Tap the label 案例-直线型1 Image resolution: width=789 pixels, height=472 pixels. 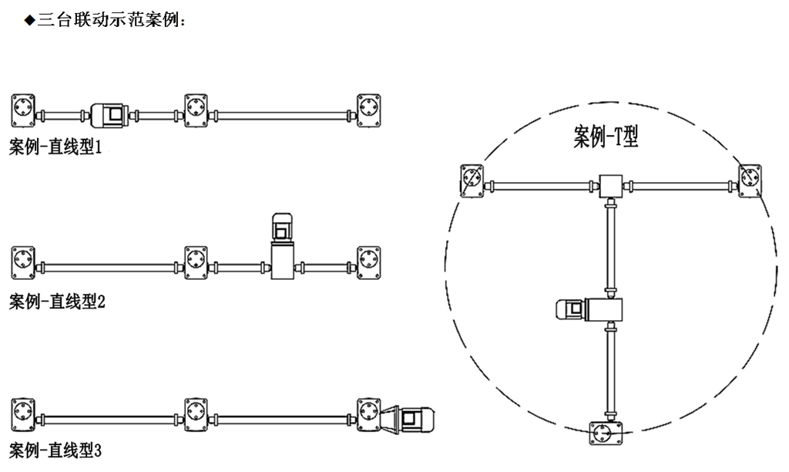tap(56, 147)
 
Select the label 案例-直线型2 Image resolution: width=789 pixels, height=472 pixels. tap(56, 302)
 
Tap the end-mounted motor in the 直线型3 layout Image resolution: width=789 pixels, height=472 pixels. tap(415, 417)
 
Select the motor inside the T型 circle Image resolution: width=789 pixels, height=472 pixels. tap(575, 309)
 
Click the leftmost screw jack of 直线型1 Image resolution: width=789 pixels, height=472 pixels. tap(25, 110)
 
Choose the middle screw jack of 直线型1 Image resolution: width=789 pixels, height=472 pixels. tap(196, 110)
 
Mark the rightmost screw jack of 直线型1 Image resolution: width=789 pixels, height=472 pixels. tap(369, 110)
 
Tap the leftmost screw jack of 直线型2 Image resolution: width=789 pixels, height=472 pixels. tap(25, 262)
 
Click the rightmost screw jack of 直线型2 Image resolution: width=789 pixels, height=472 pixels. tap(369, 262)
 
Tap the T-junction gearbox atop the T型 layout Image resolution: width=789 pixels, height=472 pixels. tap(610, 185)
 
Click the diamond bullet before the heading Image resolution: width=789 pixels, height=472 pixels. tap(30, 21)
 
